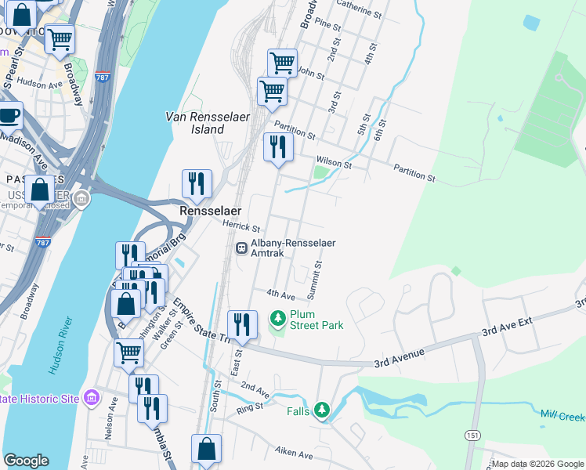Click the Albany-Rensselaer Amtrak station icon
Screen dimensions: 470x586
coord(241,248)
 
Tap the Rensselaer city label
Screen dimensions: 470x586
coord(210,211)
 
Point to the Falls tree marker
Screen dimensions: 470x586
coord(321,410)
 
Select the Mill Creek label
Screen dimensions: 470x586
coord(562,414)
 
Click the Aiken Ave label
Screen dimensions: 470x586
coord(294,453)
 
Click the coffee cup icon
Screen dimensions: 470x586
coord(9,117)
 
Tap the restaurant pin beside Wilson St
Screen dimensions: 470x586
coord(278,146)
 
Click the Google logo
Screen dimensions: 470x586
coord(26,461)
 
